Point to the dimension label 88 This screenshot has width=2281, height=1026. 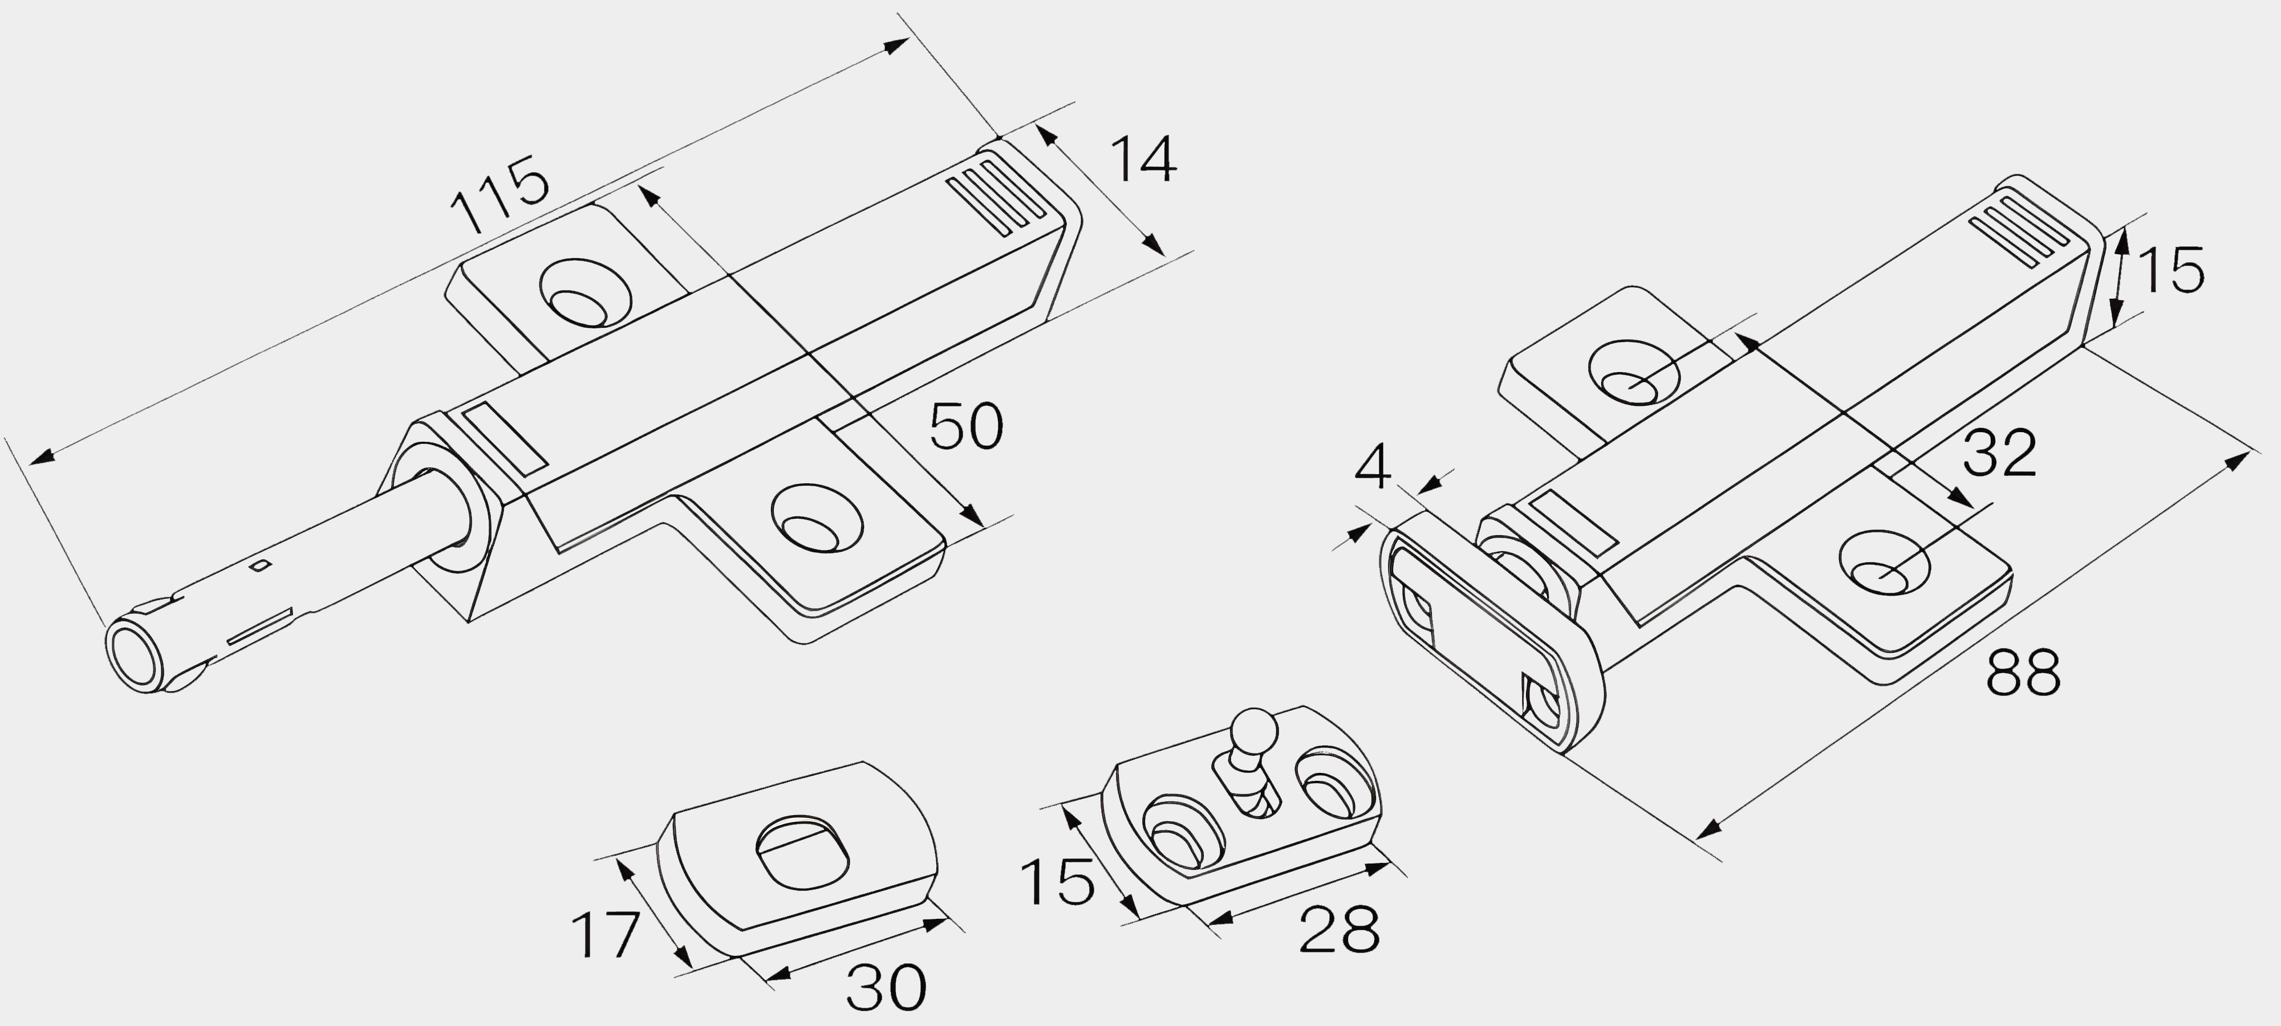[2023, 673]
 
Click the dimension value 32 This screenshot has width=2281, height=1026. [1999, 454]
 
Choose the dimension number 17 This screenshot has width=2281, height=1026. [606, 935]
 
